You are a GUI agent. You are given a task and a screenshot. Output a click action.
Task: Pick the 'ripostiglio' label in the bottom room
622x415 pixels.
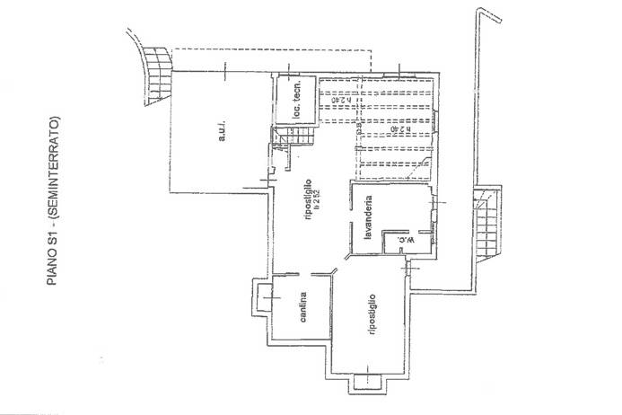(370, 317)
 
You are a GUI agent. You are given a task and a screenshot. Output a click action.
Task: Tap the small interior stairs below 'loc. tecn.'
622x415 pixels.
(297, 137)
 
